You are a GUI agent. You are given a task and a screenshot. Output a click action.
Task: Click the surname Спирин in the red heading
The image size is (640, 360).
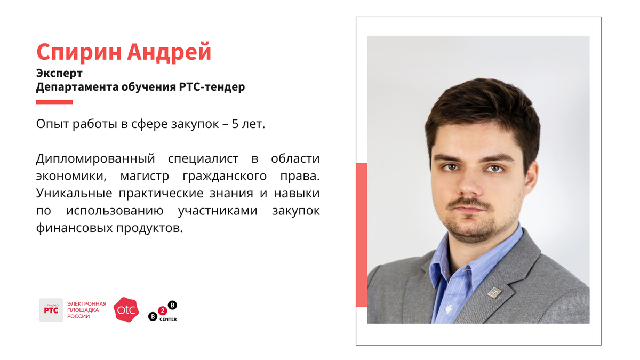79,52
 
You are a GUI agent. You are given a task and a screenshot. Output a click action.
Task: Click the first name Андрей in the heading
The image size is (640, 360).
169,51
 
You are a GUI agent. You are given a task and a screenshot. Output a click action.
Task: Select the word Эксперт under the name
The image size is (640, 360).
59,74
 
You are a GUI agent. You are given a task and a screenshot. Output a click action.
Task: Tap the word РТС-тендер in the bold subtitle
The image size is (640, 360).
212,87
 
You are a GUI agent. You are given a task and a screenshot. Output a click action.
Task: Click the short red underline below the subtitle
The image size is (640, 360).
54,102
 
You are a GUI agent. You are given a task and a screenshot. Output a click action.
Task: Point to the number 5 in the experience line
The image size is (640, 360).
235,124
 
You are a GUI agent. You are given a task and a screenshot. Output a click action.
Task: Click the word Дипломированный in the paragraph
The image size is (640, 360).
95,159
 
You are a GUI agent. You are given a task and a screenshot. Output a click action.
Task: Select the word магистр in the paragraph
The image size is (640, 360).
145,176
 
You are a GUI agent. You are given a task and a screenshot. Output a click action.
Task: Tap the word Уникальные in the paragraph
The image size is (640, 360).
74,194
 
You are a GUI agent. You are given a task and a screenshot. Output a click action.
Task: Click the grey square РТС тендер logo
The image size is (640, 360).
51,310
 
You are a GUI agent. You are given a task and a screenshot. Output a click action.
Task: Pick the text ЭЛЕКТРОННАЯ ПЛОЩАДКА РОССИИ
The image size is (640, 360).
86,310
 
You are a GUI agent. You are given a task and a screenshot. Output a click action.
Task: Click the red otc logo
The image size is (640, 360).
126,310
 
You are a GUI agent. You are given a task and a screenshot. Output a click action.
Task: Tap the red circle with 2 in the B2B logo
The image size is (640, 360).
163,310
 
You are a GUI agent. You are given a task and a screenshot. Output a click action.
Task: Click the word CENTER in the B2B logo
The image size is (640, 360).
168,319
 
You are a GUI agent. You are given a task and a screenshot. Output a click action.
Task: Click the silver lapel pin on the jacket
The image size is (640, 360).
494,293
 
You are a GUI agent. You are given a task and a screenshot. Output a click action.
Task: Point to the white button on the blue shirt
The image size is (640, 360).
449,309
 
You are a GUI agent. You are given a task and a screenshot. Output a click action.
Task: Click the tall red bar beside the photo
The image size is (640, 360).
362,235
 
